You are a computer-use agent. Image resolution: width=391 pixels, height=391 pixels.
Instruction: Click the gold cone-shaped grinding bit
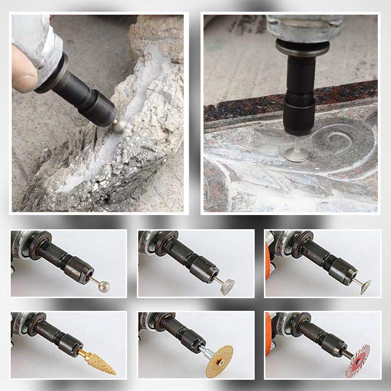[100, 362]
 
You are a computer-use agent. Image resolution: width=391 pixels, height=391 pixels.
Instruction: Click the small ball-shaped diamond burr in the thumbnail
[103, 286]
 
